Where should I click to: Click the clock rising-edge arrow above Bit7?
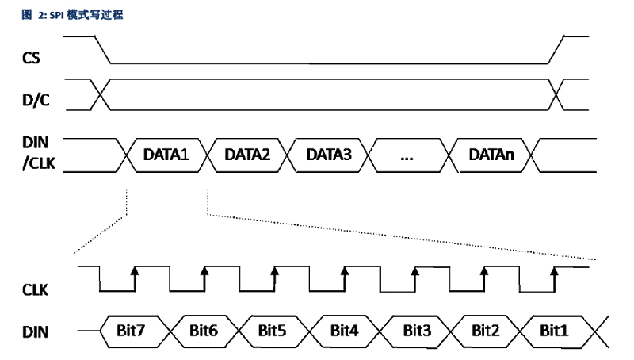click(135, 274)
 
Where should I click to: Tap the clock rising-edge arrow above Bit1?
click(554, 274)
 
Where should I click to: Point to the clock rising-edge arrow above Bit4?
click(345, 274)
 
